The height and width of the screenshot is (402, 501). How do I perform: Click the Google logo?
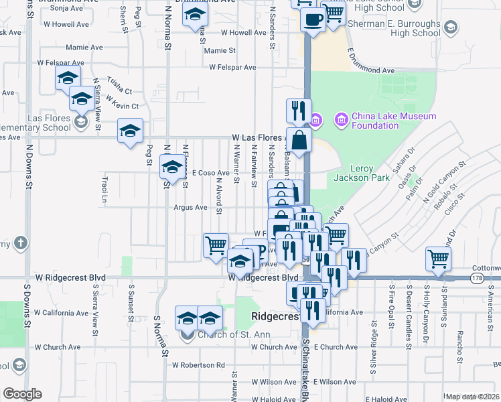pyautogui.click(x=22, y=393)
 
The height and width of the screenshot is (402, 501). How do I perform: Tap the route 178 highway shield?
pyautogui.click(x=476, y=277)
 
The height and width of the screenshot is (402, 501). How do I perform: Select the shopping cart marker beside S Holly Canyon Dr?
pyautogui.click(x=438, y=258)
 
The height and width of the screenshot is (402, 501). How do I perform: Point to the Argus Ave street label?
pyautogui.click(x=190, y=208)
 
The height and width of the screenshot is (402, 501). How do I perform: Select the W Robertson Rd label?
pyautogui.click(x=198, y=365)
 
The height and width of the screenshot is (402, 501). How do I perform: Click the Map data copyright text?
pyautogui.click(x=472, y=397)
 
